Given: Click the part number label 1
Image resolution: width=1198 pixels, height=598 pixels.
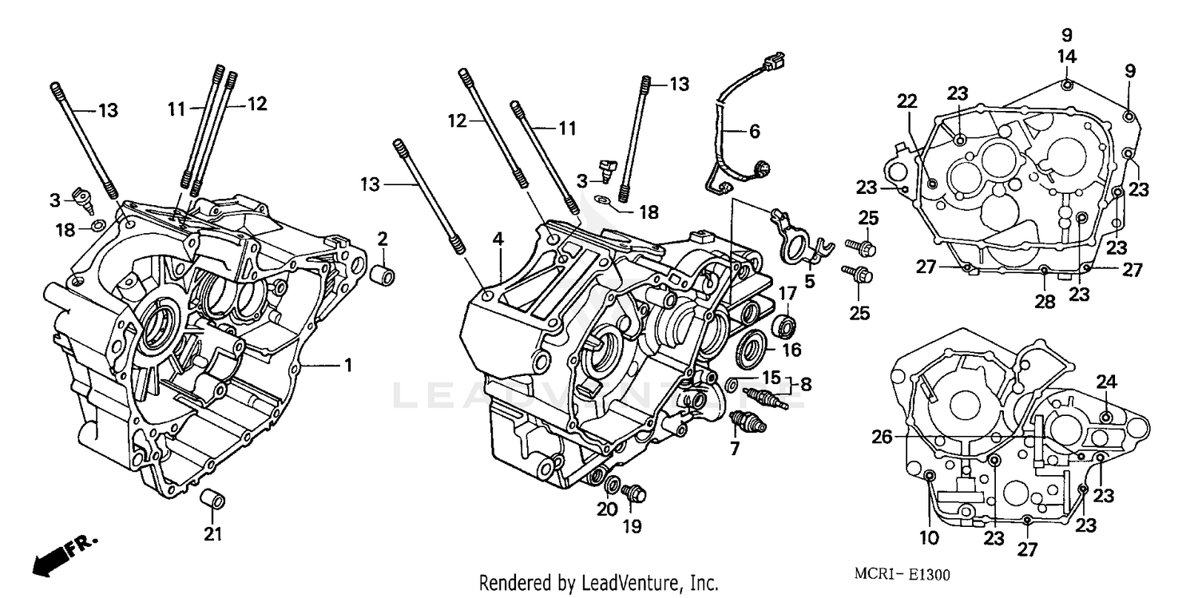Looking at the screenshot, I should (347, 366).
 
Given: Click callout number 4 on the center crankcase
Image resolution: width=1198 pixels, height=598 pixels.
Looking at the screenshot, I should (498, 239).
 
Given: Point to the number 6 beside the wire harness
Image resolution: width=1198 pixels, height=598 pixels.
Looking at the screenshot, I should (754, 130).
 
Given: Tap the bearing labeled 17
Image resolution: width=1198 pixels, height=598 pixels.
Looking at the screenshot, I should (785, 325).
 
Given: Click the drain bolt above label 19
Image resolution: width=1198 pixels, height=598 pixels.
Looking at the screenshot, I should (635, 493).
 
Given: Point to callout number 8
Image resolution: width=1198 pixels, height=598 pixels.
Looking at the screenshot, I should (805, 384).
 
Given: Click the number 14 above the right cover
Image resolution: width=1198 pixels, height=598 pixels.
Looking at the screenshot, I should (1067, 57).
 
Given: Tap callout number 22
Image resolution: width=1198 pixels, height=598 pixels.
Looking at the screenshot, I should (906, 101).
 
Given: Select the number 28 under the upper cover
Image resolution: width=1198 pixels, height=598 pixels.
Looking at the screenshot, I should (1045, 302).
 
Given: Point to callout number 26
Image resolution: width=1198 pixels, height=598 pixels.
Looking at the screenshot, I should (881, 437).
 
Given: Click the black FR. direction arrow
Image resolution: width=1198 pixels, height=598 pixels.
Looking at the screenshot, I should (56, 556).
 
